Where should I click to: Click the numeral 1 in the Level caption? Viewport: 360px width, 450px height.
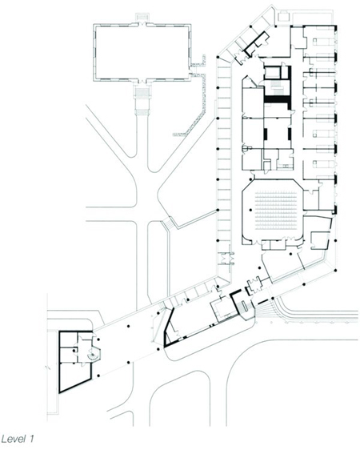tap(31, 439)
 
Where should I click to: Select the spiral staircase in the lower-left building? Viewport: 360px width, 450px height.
tap(93, 356)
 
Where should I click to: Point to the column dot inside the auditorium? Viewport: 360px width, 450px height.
tap(250, 210)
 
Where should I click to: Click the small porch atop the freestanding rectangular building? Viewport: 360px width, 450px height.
tap(142, 17)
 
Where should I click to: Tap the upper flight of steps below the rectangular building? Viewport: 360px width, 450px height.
tap(142, 93)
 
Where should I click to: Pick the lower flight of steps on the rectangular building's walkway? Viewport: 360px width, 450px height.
tap(142, 112)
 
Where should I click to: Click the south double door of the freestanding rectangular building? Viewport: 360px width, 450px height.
tap(142, 81)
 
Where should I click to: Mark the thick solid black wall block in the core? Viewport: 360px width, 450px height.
tap(277, 99)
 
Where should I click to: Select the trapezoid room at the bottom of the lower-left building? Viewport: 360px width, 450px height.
tap(75, 376)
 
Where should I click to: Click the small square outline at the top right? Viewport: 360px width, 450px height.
tap(284, 16)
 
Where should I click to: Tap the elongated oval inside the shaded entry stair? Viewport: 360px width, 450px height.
tap(244, 306)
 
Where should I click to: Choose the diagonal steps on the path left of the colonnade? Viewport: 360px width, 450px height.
tap(168, 223)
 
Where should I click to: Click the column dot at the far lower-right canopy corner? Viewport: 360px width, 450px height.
tap(334, 271)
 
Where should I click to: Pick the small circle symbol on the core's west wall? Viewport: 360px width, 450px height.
tap(245, 148)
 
